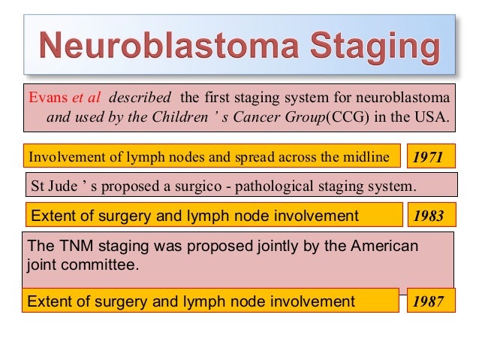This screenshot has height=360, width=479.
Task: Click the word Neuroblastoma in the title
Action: point(155,47)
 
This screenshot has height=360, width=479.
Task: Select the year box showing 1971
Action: point(429,157)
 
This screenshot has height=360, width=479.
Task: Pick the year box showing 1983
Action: point(429,216)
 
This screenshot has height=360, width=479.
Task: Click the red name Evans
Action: point(45,98)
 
